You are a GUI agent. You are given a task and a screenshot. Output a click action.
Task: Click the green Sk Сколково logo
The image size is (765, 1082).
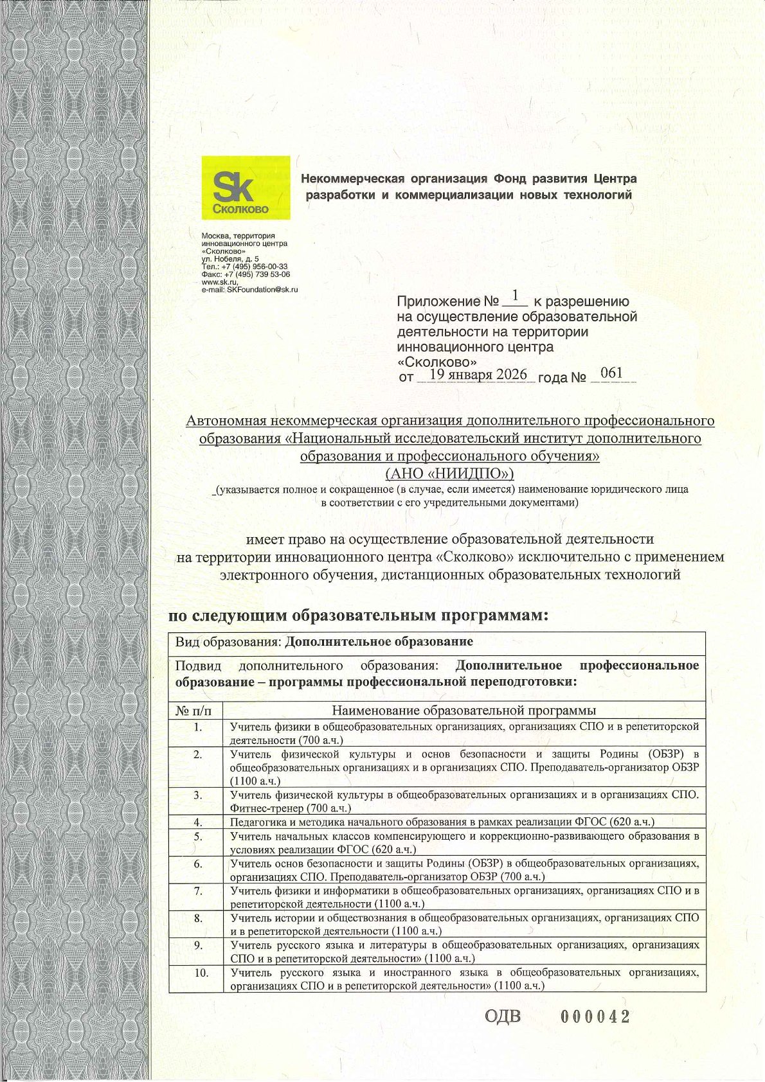pyautogui.click(x=246, y=188)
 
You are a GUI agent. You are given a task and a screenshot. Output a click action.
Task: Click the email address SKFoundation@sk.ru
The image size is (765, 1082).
pyautogui.click(x=262, y=290)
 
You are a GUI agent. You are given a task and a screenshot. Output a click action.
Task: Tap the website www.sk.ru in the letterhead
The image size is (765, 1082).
pyautogui.click(x=219, y=282)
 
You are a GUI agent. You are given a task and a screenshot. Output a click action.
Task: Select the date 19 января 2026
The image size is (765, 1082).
pyautogui.click(x=478, y=375)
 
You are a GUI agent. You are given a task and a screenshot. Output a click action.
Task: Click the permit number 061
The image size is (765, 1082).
pyautogui.click(x=611, y=373)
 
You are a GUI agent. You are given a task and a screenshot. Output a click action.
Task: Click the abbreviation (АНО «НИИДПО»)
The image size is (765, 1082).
pyautogui.click(x=449, y=474)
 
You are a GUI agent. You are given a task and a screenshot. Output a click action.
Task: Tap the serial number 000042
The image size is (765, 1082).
pyautogui.click(x=595, y=1016)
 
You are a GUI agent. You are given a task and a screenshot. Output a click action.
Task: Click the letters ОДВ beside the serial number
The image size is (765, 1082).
pyautogui.click(x=502, y=1016)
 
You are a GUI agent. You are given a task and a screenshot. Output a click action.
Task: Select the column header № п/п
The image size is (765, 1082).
pyautogui.click(x=192, y=711)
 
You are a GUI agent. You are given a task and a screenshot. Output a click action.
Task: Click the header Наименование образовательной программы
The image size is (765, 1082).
pyautogui.click(x=464, y=711)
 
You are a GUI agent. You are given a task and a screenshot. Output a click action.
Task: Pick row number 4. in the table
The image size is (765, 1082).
pyautogui.click(x=198, y=822)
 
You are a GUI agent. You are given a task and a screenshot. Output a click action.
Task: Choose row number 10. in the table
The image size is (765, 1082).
pyautogui.click(x=201, y=973)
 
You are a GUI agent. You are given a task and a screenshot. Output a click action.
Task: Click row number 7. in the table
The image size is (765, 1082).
pyautogui.click(x=198, y=891)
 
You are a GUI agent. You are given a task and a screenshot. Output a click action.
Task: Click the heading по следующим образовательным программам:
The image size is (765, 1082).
pyautogui.click(x=358, y=616)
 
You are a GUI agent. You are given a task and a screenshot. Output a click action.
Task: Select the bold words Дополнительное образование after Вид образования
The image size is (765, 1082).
pyautogui.click(x=379, y=642)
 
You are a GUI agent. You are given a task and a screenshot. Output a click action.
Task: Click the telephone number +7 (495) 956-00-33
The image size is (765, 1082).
pyautogui.click(x=254, y=267)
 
